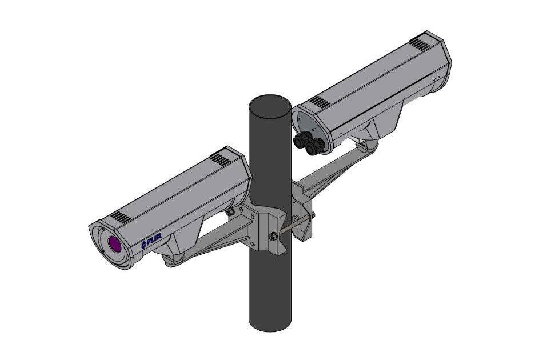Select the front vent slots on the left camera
119,217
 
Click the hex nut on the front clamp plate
273,237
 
